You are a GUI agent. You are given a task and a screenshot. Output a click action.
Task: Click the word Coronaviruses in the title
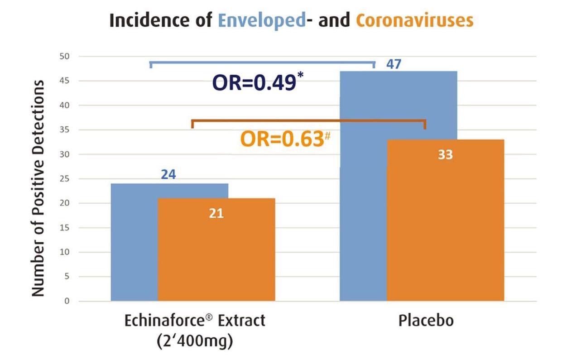pyautogui.click(x=414, y=21)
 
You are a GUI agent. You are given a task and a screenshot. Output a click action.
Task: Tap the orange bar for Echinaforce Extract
pyautogui.click(x=216, y=254)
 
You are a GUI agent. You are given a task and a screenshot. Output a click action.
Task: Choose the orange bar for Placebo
pyautogui.click(x=445, y=226)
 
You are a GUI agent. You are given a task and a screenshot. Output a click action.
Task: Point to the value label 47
pyautogui.click(x=394, y=64)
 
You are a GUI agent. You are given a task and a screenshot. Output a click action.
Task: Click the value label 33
pyautogui.click(x=445, y=155)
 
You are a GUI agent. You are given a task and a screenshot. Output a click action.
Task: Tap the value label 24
pyautogui.click(x=168, y=174)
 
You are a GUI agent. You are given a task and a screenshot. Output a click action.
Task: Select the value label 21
pyautogui.click(x=216, y=213)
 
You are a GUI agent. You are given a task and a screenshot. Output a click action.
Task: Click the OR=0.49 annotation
pyautogui.click(x=255, y=84)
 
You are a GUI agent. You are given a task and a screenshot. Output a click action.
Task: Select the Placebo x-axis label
pyautogui.click(x=426, y=321)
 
